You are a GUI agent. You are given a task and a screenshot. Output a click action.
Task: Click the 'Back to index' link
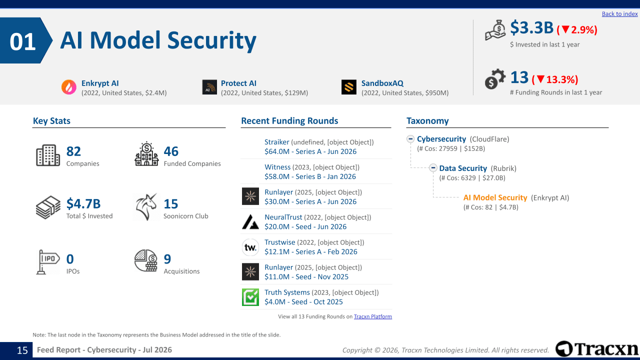pyautogui.click(x=619, y=13)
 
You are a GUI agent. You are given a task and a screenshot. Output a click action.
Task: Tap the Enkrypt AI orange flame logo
pyautogui.click(x=69, y=87)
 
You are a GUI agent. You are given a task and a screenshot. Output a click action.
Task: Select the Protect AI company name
pyautogui.click(x=238, y=83)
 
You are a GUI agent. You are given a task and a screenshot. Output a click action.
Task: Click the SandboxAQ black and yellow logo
pyautogui.click(x=349, y=87)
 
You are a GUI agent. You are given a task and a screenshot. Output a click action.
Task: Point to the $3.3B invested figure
pyautogui.click(x=531, y=27)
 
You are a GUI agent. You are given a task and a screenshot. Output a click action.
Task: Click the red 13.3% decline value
pyautogui.click(x=562, y=79)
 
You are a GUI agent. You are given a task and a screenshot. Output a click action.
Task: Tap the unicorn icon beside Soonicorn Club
pyautogui.click(x=146, y=207)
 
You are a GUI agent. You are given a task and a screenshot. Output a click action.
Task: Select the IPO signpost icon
pyautogui.click(x=47, y=262)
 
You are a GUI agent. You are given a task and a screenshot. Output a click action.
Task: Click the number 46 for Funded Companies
pyautogui.click(x=171, y=151)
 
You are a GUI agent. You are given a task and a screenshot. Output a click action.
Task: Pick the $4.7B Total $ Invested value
pyautogui.click(x=83, y=203)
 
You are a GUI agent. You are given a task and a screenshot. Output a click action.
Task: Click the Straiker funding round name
pyautogui.click(x=277, y=142)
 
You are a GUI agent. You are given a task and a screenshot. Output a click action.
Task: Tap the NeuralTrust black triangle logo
pyautogui.click(x=250, y=221)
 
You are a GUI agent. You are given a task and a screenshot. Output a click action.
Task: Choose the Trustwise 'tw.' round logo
pyautogui.click(x=250, y=247)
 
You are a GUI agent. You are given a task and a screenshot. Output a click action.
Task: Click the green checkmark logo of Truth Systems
pyautogui.click(x=250, y=297)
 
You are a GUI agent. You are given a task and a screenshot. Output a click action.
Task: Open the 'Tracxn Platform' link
pyautogui.click(x=373, y=316)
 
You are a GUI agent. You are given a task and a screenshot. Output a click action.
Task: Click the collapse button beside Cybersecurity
pyautogui.click(x=410, y=139)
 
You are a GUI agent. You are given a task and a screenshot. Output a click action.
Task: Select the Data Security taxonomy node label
pyautogui.click(x=463, y=168)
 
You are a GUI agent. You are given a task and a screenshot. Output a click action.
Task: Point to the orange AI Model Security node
pyautogui.click(x=495, y=197)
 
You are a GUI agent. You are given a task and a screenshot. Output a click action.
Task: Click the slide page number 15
pyautogui.click(x=22, y=350)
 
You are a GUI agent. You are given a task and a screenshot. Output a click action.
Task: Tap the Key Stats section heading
pyautogui.click(x=51, y=121)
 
